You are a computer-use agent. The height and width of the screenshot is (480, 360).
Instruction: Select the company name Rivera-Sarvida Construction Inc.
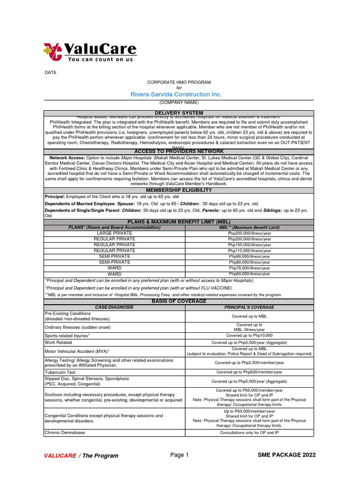176,94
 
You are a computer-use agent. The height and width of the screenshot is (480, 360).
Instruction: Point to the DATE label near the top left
50,73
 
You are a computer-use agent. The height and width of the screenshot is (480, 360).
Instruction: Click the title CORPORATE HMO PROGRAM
179,82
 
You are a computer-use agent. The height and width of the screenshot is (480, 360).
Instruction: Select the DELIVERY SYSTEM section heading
179,113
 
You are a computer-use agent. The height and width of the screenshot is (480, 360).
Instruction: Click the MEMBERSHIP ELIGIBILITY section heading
179,190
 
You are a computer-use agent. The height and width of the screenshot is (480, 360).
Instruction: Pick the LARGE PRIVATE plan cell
115,233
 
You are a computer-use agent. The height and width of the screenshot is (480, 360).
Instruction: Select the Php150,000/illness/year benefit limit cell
249,245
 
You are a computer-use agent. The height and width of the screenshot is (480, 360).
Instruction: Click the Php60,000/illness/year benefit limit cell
249,274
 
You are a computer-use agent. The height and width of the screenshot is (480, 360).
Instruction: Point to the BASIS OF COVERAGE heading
179,301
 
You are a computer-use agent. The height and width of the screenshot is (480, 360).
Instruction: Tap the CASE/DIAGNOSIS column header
115,307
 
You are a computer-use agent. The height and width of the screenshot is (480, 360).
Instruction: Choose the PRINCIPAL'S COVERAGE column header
249,307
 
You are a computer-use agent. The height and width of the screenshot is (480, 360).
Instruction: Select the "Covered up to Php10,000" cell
249,336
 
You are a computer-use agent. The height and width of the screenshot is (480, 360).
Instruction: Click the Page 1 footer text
179,455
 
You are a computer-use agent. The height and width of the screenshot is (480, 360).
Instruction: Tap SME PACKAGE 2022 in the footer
286,455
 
